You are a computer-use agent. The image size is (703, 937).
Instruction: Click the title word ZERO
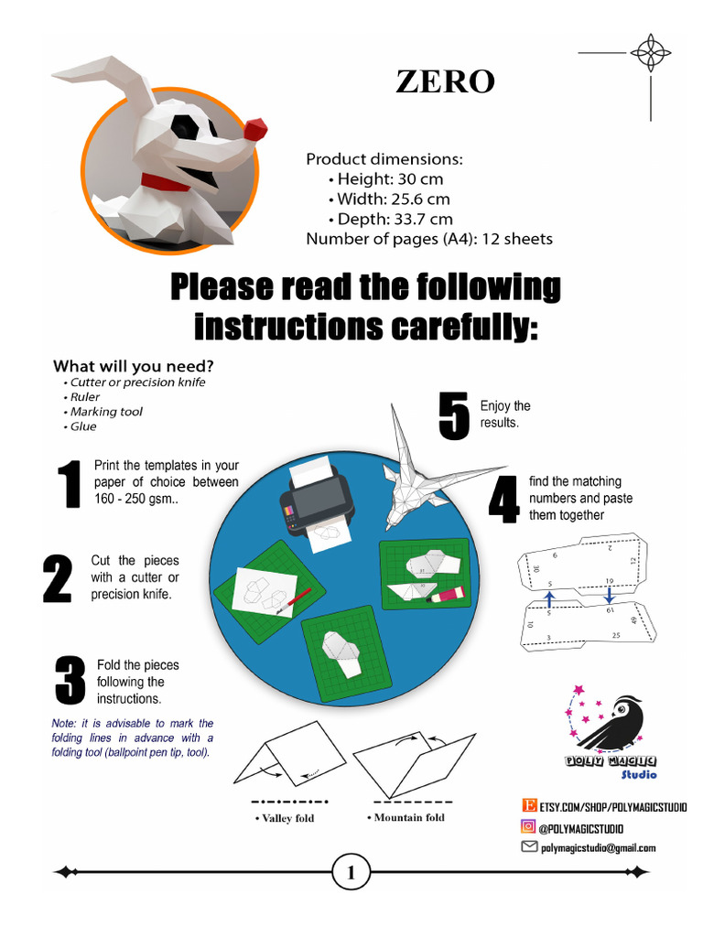(445, 81)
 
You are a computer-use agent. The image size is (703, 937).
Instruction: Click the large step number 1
(68, 484)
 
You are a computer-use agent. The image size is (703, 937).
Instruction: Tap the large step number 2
(57, 578)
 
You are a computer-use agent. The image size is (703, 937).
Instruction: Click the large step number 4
(503, 500)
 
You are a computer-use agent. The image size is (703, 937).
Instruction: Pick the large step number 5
(454, 417)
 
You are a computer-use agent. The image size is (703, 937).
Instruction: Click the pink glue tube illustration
(446, 596)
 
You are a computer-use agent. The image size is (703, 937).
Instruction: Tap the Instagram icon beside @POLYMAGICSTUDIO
(528, 827)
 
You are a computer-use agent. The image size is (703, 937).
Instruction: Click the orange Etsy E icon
(528, 805)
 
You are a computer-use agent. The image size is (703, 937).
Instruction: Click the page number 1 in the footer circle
(351, 874)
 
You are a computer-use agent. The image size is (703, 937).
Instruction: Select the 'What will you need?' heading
(133, 366)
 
